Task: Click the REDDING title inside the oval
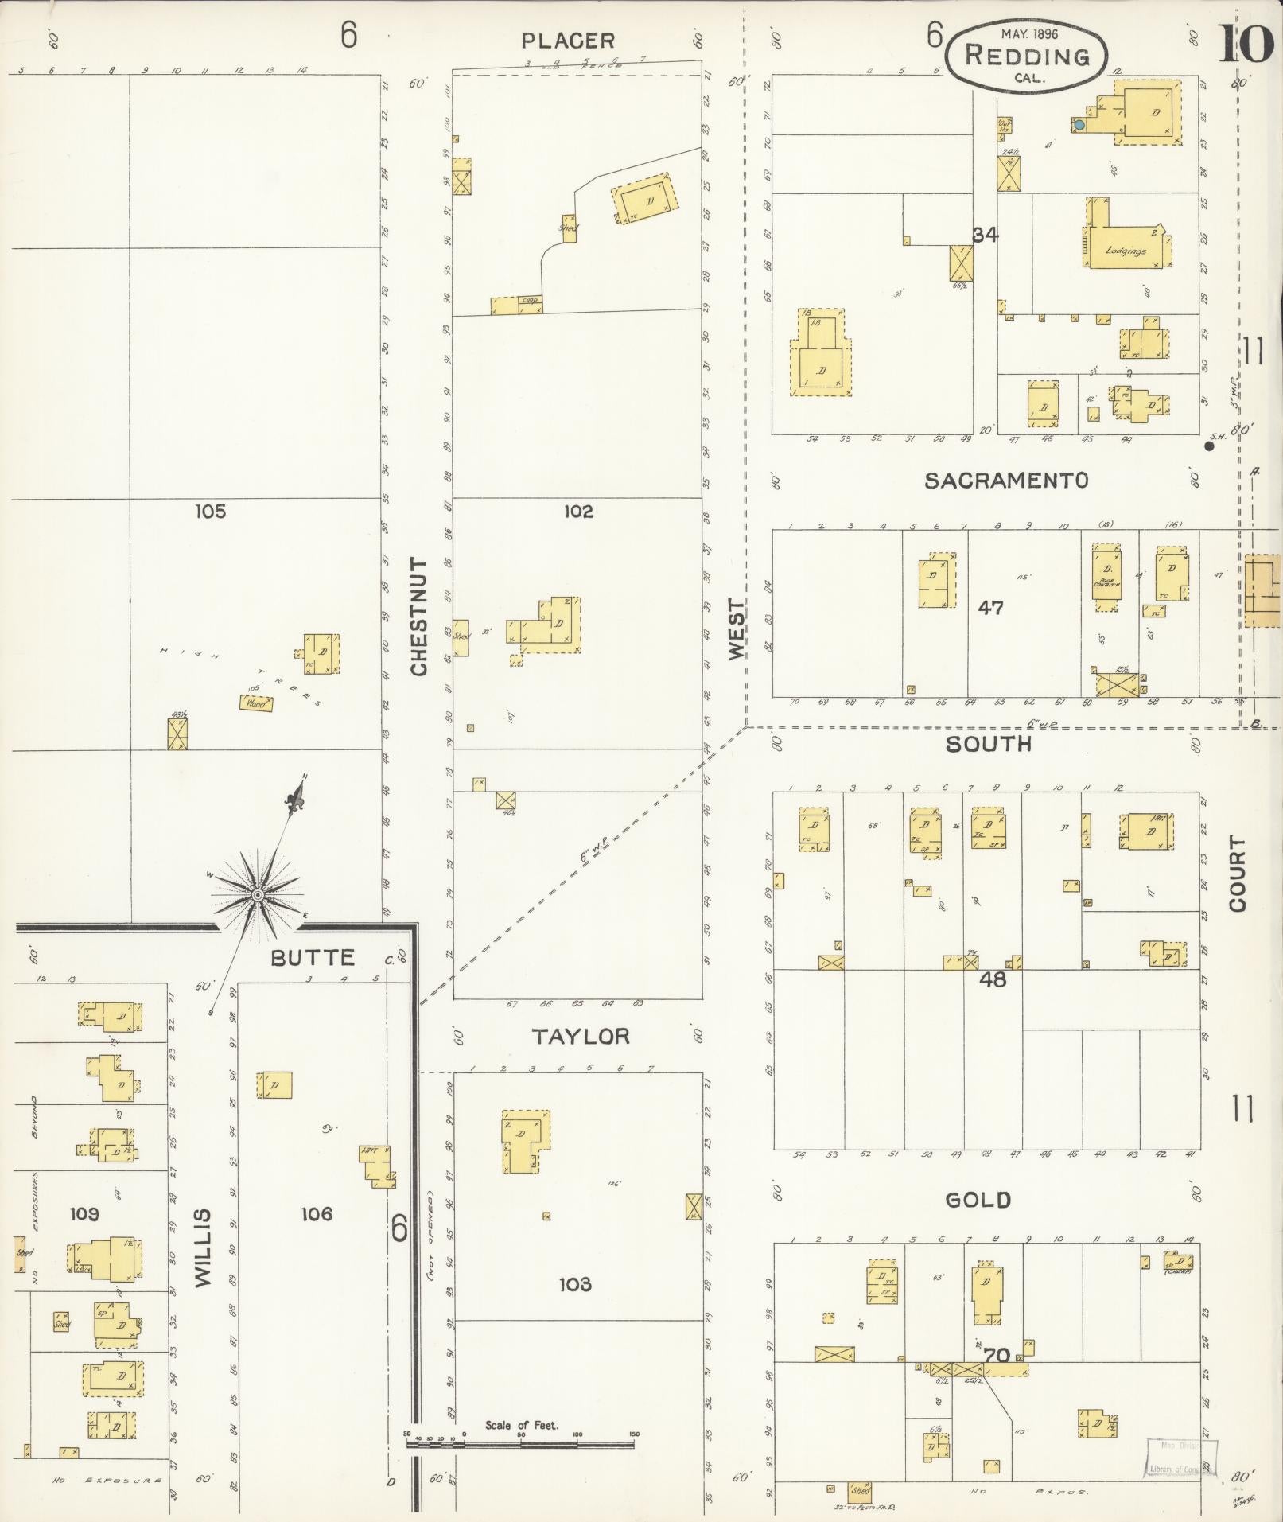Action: pos(1026,56)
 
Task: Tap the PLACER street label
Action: pos(568,41)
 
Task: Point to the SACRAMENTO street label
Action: pos(1006,480)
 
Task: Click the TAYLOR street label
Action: pos(581,1036)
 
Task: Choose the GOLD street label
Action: pos(978,1200)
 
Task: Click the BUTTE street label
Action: pos(313,957)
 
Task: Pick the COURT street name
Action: pos(1237,873)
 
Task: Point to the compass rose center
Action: pos(257,896)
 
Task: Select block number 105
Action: pos(210,511)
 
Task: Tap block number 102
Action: pos(578,511)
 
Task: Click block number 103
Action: pos(574,1284)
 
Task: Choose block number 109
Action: pos(84,1214)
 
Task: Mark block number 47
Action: pos(990,608)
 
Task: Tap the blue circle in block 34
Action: pos(1079,125)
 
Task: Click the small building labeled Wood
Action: pos(255,703)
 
